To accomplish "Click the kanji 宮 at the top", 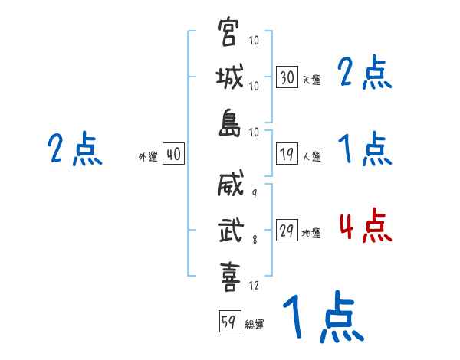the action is pyautogui.click(x=228, y=31).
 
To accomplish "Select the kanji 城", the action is pyautogui.click(x=230, y=77).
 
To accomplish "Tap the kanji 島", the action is pyautogui.click(x=230, y=123).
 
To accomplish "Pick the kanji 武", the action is pyautogui.click(x=231, y=229).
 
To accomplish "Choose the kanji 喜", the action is pyautogui.click(x=230, y=277).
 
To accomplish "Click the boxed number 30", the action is pyautogui.click(x=287, y=77).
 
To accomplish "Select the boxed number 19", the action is pyautogui.click(x=287, y=153).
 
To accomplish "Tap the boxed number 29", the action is pyautogui.click(x=287, y=230).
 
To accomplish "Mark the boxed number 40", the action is pyautogui.click(x=173, y=153).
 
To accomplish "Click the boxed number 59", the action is pyautogui.click(x=230, y=321).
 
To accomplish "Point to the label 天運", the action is pyautogui.click(x=312, y=80).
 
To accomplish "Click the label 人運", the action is pyautogui.click(x=312, y=156).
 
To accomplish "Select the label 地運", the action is pyautogui.click(x=311, y=233).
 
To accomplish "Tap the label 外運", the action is pyautogui.click(x=148, y=156).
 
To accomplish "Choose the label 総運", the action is pyautogui.click(x=255, y=324).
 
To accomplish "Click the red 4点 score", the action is pyautogui.click(x=366, y=226).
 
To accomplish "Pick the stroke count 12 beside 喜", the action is pyautogui.click(x=254, y=285).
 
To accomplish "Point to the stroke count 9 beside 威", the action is pyautogui.click(x=255, y=194).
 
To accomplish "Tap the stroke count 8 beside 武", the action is pyautogui.click(x=255, y=239).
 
